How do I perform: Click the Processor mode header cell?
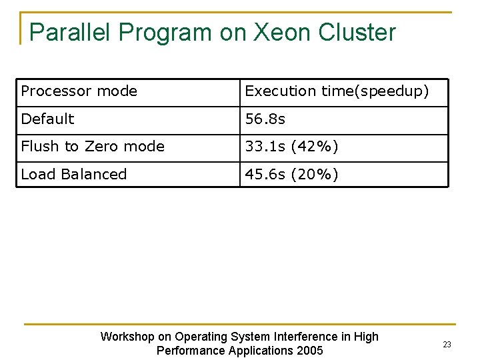(79, 91)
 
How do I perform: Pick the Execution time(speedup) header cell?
(337, 91)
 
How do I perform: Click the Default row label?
(47, 119)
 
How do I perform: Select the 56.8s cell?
(265, 119)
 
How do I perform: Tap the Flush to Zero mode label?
(93, 147)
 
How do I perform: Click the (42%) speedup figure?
(315, 147)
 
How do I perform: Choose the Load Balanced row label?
(73, 175)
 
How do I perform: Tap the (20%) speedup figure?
(315, 175)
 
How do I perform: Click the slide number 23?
(447, 345)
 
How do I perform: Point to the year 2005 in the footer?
(309, 351)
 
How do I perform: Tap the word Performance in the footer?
(189, 351)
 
